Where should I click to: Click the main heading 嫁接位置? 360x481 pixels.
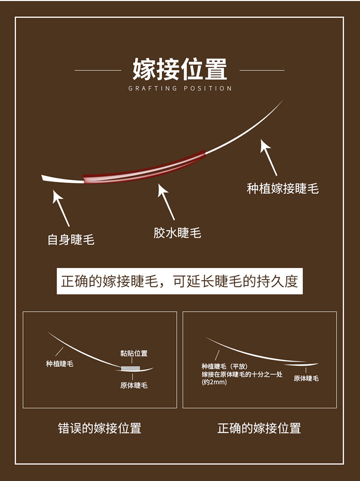180,69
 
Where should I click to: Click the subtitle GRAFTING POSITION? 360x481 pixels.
180,88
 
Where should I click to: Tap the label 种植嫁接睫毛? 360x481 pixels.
283,188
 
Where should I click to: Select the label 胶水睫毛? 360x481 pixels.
177,233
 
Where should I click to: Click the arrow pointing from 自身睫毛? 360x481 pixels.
61,208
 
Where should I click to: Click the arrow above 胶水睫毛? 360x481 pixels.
166,201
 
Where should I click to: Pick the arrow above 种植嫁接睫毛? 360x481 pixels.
269,157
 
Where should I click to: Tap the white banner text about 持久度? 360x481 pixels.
180,282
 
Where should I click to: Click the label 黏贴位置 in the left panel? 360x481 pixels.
133,353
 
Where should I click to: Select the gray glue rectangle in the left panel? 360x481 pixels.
131,368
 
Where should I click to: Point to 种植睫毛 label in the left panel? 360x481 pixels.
60,364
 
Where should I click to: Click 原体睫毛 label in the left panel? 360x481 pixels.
133,385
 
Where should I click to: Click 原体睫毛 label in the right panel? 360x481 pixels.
306,378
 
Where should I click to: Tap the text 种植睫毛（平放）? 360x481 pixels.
225,366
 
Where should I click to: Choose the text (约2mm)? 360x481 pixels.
214,382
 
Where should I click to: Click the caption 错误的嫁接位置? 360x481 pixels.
99,428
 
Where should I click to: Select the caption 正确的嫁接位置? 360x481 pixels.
259,428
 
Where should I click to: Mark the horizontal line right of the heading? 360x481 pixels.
262,70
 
